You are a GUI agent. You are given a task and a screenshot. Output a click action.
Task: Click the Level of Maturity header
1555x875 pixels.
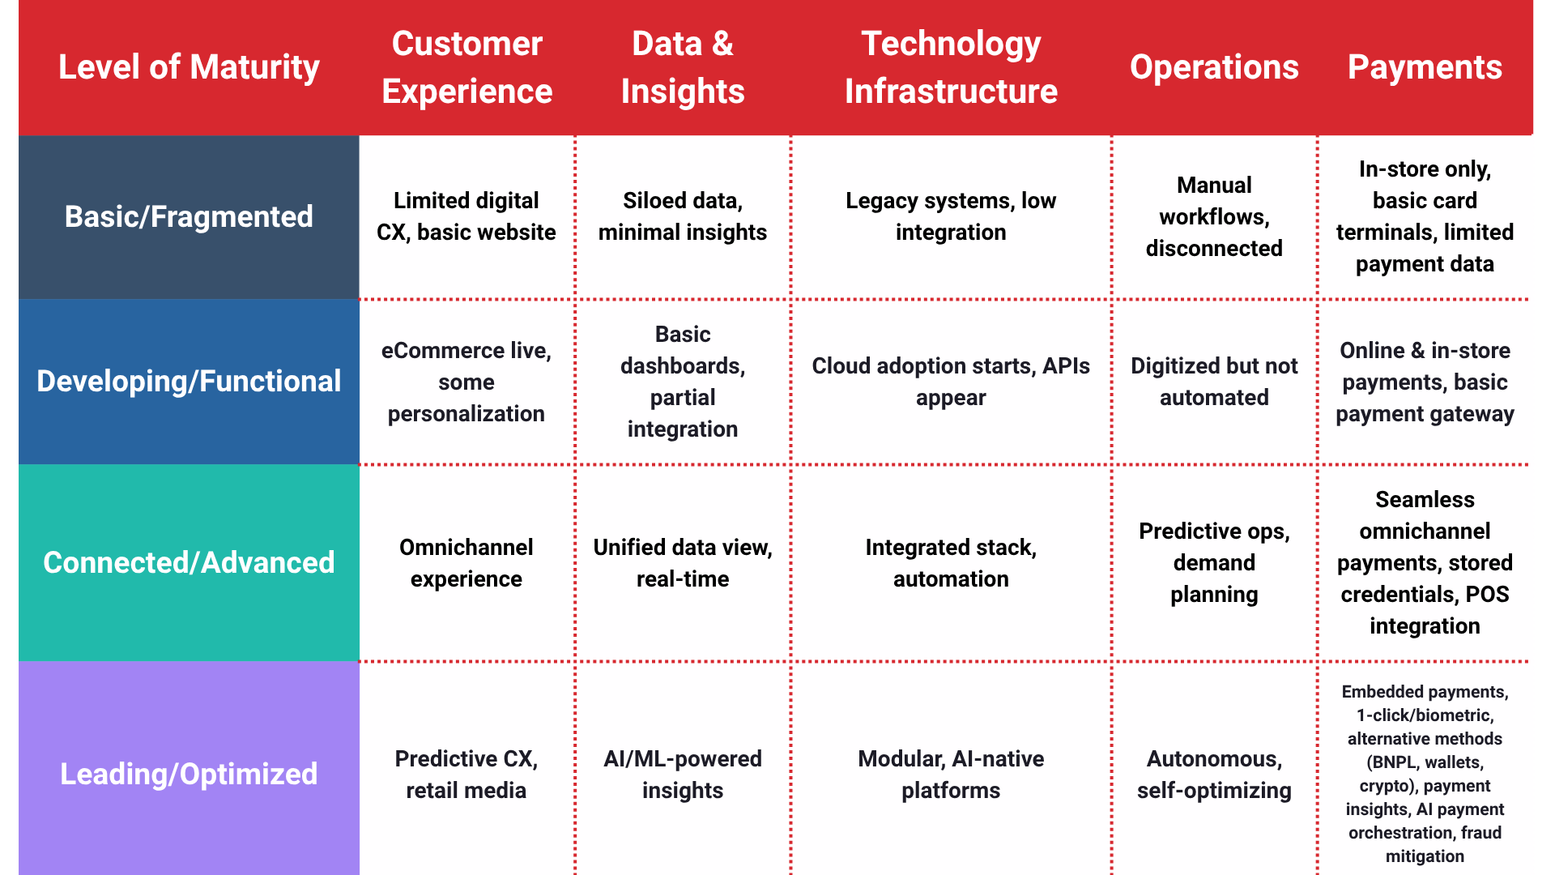click(189, 67)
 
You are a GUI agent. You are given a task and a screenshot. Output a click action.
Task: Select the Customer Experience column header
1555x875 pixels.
click(466, 67)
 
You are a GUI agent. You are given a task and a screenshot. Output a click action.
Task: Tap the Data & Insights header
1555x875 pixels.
click(682, 67)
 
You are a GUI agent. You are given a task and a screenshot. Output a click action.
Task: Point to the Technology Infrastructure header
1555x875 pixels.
click(951, 67)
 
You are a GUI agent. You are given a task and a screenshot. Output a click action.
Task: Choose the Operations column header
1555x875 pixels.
click(1213, 67)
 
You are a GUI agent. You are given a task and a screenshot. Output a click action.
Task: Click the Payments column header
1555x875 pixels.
click(1425, 67)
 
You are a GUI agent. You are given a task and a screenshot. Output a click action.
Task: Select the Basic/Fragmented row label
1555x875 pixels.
click(189, 216)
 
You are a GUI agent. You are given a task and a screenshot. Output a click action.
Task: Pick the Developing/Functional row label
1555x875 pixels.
click(189, 381)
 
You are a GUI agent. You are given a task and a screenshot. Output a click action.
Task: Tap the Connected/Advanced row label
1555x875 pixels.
click(189, 562)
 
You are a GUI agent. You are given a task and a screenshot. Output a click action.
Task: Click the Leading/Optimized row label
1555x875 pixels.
click(189, 774)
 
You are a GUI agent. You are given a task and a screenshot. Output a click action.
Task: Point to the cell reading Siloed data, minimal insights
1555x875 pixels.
click(682, 216)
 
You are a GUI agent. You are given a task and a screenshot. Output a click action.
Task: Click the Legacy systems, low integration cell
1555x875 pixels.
click(951, 216)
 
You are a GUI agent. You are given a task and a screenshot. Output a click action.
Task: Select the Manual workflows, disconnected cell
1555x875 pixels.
click(1213, 216)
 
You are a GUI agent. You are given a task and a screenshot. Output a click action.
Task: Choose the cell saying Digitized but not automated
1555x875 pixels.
click(1213, 381)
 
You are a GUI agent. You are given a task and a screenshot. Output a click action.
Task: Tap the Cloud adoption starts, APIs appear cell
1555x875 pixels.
click(951, 381)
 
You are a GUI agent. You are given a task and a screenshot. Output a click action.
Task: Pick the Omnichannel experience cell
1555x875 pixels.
click(466, 562)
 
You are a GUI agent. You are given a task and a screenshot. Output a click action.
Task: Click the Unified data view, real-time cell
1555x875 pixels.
click(682, 562)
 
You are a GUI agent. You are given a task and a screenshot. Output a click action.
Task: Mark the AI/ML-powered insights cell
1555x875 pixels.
click(682, 774)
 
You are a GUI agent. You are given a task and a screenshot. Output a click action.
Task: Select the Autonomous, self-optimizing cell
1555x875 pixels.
click(1213, 774)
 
